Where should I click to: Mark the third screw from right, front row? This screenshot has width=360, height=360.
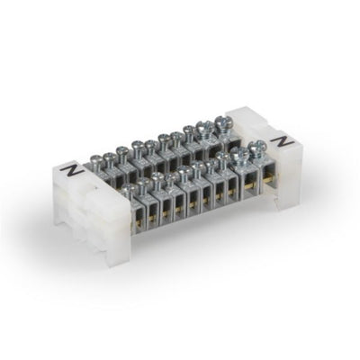tap(224, 160)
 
